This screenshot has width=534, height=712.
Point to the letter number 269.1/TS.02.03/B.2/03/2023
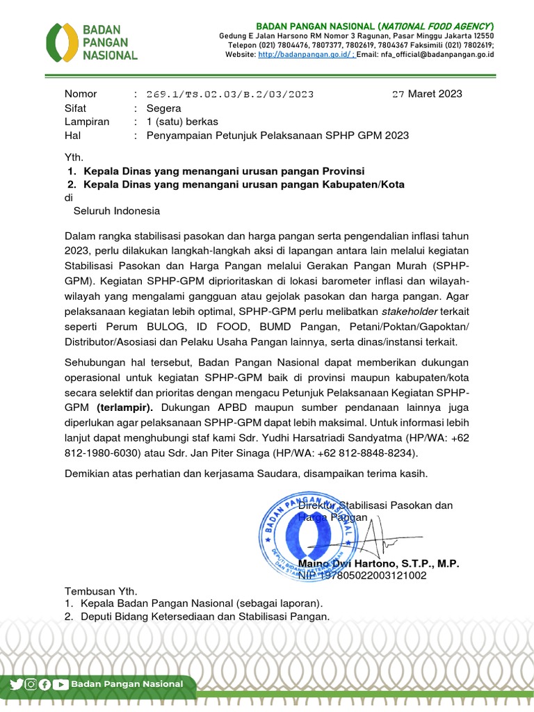[x=229, y=94]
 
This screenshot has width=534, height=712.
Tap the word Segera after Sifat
[x=163, y=108]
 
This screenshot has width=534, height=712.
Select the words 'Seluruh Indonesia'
[x=117, y=211]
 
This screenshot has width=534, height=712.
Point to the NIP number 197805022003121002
[x=373, y=576]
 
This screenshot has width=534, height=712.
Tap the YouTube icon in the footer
[x=61, y=684]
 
